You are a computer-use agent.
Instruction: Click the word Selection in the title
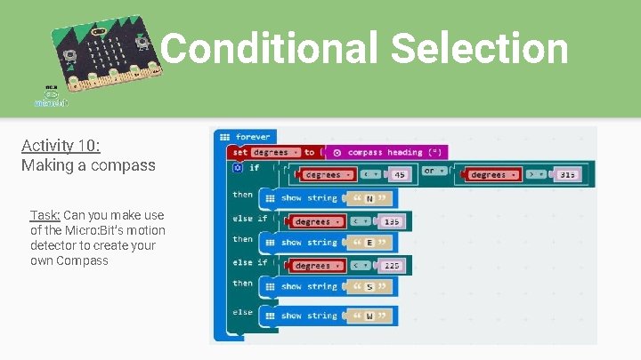click(479, 49)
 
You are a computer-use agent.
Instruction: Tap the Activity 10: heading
click(61, 145)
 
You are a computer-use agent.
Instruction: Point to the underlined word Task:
click(45, 215)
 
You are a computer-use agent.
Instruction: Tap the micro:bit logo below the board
click(50, 97)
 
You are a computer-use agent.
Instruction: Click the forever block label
click(254, 137)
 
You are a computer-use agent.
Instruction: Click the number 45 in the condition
click(400, 175)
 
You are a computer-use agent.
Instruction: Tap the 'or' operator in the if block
click(429, 171)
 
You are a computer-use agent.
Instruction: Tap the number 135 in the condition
click(392, 221)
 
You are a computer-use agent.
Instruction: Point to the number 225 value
click(392, 266)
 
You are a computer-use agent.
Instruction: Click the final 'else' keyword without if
click(242, 312)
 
